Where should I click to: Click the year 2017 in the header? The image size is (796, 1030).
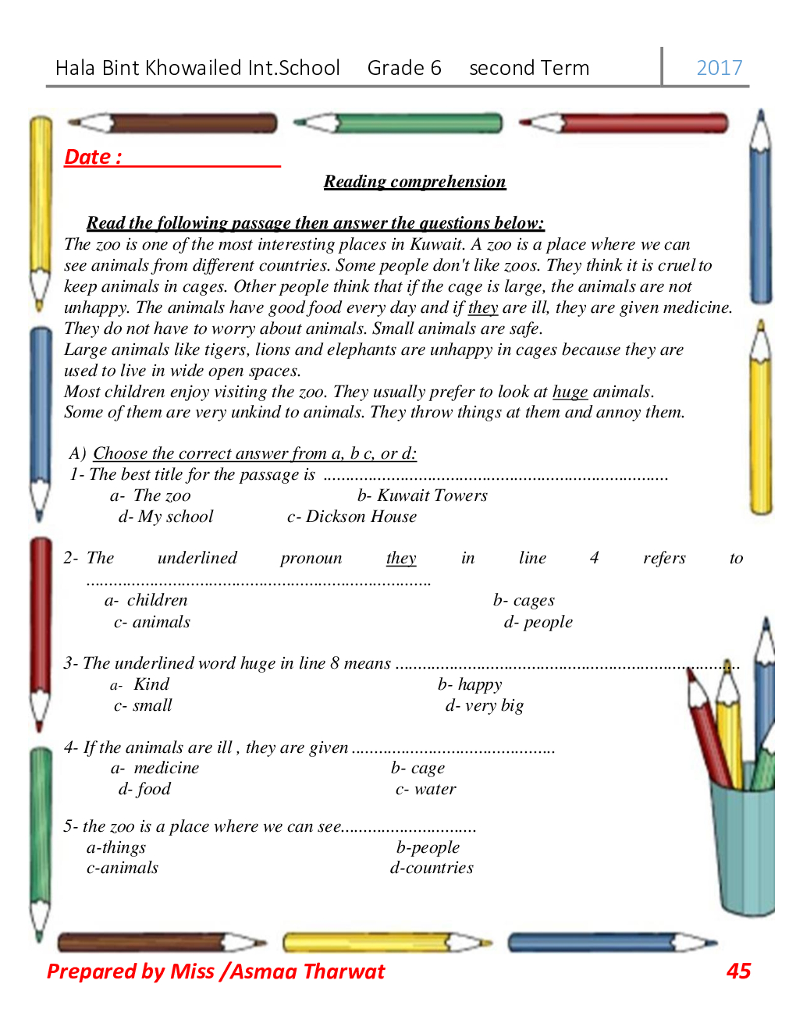[x=719, y=68]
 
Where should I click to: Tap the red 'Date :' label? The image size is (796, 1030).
[x=93, y=157]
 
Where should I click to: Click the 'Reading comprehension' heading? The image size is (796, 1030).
[x=414, y=182]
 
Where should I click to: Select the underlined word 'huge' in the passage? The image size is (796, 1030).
[x=570, y=392]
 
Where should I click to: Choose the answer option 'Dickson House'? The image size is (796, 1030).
[x=361, y=517]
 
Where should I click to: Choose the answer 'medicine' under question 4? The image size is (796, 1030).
[x=166, y=768]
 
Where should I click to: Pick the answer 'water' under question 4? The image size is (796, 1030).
[x=435, y=789]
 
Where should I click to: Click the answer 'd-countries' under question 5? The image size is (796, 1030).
[x=432, y=868]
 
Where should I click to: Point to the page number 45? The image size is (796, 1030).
[x=738, y=971]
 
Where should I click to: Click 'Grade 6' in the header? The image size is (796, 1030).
[x=404, y=68]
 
